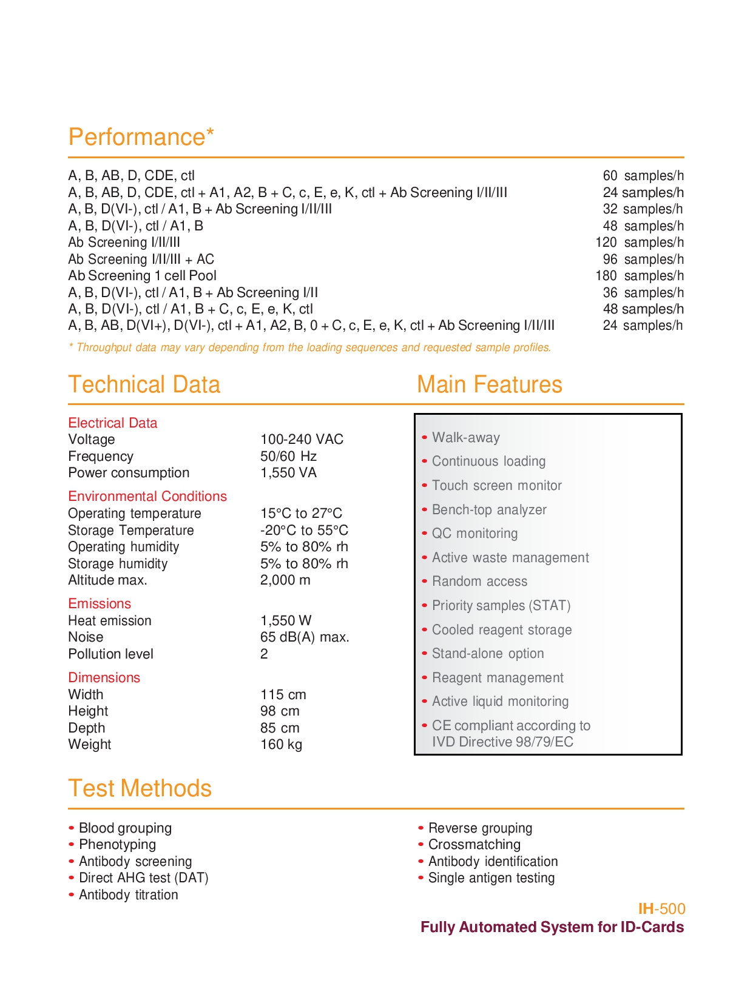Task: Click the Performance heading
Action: coord(141,137)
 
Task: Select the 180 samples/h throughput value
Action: coord(639,276)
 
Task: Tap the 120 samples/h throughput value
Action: coord(639,243)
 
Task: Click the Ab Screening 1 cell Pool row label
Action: coord(142,276)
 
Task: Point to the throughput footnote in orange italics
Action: coord(309,347)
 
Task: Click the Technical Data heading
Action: coord(144,384)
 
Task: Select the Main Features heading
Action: coord(489,384)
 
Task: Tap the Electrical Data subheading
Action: coord(112,423)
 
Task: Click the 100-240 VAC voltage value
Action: coord(302,439)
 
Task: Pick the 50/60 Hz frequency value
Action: coord(288,456)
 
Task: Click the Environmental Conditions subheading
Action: coord(147,496)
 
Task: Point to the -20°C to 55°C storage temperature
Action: coord(304,530)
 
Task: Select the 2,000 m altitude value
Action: coord(285,580)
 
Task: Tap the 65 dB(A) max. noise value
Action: coord(305,637)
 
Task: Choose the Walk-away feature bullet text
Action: coord(465,437)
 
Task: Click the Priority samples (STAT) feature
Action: coord(501,605)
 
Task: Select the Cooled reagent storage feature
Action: coord(501,629)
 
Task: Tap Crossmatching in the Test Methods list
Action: coord(474,844)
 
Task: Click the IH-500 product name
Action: coord(661,908)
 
